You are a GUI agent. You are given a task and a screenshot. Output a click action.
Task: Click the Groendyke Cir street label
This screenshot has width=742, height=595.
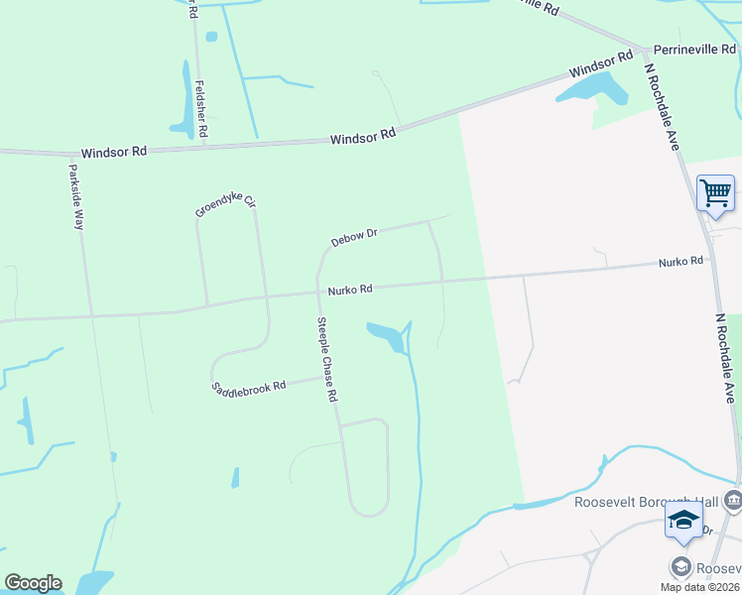pos(225,207)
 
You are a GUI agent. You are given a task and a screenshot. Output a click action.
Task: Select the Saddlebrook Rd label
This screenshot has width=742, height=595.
pos(248,386)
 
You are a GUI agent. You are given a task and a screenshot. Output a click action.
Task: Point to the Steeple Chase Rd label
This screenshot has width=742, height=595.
pos(327,359)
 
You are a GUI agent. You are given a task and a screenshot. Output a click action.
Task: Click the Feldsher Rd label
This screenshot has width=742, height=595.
pos(201,109)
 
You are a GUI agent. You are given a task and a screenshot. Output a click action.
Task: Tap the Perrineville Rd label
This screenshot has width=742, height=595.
pos(695,48)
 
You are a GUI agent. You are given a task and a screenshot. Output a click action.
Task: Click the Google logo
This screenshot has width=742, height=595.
pos(33,583)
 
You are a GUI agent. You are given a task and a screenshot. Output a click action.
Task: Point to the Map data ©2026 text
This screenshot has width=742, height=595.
pos(699,587)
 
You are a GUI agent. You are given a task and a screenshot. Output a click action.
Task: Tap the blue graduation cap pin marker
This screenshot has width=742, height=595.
pos(683,520)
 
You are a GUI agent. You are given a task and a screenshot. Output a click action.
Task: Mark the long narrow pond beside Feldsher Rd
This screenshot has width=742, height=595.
pos(185,99)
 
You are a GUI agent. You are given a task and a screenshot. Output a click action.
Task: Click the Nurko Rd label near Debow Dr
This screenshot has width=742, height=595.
pos(350,290)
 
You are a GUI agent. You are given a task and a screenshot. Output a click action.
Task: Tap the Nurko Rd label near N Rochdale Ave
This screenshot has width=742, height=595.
pos(680,262)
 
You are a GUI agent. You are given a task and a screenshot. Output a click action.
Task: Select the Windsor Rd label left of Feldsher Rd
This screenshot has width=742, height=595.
pos(114,152)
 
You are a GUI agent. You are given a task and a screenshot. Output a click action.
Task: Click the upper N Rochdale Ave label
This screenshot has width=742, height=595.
pos(662,107)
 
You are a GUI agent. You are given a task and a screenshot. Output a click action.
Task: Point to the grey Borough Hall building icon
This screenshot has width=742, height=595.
pos(733,500)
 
